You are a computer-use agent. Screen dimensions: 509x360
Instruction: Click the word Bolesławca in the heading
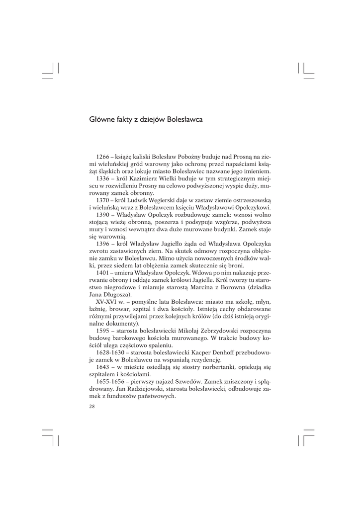click(184, 120)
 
